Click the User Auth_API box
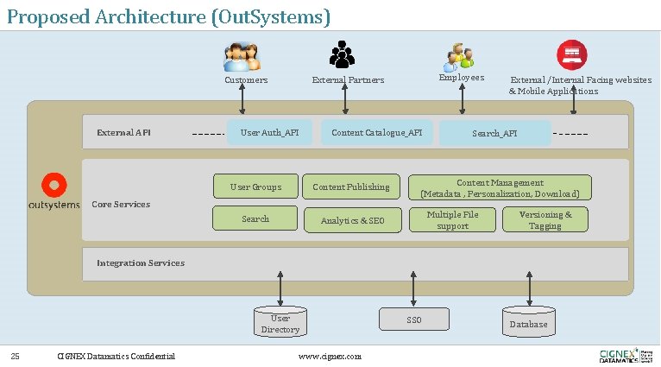pyautogui.click(x=268, y=132)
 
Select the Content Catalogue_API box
pyautogui.click(x=376, y=132)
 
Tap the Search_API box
pyautogui.click(x=494, y=133)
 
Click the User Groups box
pyautogui.click(x=255, y=187)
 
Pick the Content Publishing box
pyautogui.click(x=350, y=187)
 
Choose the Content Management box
pyautogui.click(x=499, y=188)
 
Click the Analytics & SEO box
pyautogui.click(x=352, y=220)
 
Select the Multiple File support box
pyautogui.click(x=452, y=219)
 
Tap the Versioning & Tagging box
pyautogui.click(x=545, y=219)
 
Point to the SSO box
pyautogui.click(x=414, y=320)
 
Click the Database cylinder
pyautogui.click(x=528, y=322)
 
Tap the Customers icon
pyautogui.click(x=242, y=57)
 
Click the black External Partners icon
pyautogui.click(x=343, y=54)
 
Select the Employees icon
pyautogui.click(x=459, y=57)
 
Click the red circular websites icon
pyautogui.click(x=570, y=54)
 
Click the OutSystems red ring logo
pyautogui.click(x=54, y=185)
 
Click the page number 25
pyautogui.click(x=15, y=356)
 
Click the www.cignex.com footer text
pyautogui.click(x=330, y=356)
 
